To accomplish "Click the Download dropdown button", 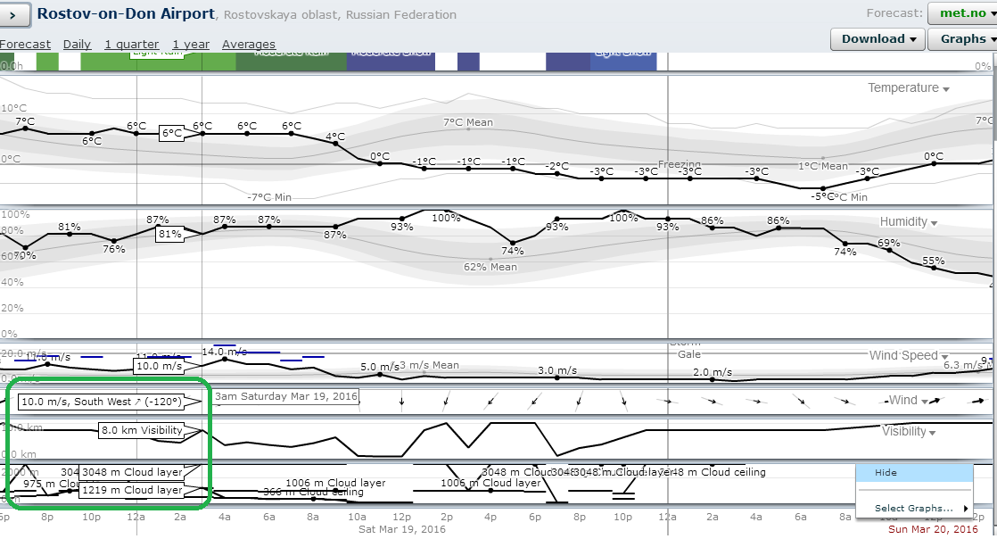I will [878, 39].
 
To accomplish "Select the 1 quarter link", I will [131, 45].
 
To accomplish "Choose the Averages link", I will [249, 45].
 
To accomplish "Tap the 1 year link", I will [191, 45].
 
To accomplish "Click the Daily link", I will [77, 45].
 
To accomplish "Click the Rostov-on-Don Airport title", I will [126, 14].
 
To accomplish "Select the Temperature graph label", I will [903, 87].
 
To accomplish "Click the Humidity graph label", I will [903, 221].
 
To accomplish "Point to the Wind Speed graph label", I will [903, 355].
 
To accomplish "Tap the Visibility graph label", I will [903, 431].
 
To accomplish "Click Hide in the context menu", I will [886, 473].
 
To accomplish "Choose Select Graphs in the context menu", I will [913, 508].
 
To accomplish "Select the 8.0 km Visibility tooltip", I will [142, 430].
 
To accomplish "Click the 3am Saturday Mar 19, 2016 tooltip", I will [285, 396].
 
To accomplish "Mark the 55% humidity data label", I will [933, 261].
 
